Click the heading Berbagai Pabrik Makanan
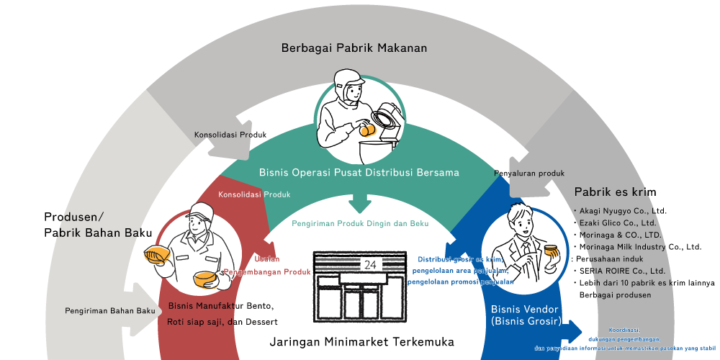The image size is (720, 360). pyautogui.click(x=354, y=48)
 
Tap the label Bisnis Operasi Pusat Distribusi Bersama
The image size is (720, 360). pyautogui.click(x=359, y=173)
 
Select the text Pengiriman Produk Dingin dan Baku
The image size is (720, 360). pyautogui.click(x=360, y=224)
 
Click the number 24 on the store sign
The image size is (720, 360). pyautogui.click(x=370, y=264)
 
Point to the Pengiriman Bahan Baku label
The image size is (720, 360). pyautogui.click(x=109, y=311)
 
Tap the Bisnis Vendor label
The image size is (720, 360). pyautogui.click(x=525, y=310)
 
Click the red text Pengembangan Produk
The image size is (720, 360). pyautogui.click(x=267, y=272)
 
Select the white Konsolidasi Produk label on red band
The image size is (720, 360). pyautogui.click(x=254, y=194)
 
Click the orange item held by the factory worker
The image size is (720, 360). pyautogui.click(x=367, y=130)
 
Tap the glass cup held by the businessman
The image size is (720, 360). pyautogui.click(x=552, y=253)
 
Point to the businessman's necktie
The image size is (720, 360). pyautogui.click(x=527, y=249)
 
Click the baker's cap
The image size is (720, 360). pyautogui.click(x=198, y=211)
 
